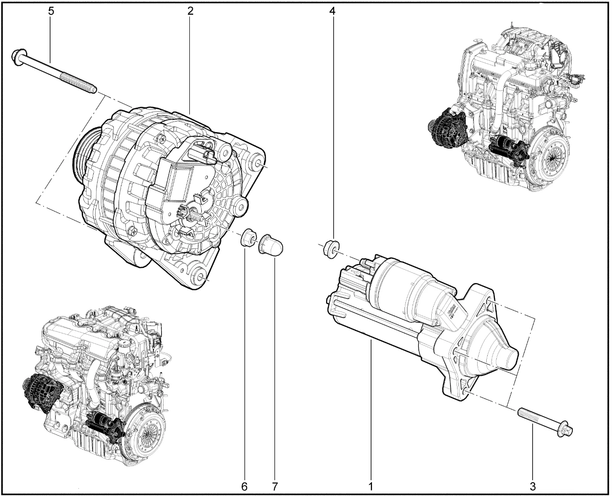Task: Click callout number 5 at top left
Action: [x=51, y=11]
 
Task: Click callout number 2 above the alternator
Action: [x=190, y=11]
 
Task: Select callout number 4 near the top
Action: [x=332, y=11]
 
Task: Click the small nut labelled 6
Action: [x=249, y=237]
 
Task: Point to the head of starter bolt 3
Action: [x=564, y=437]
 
